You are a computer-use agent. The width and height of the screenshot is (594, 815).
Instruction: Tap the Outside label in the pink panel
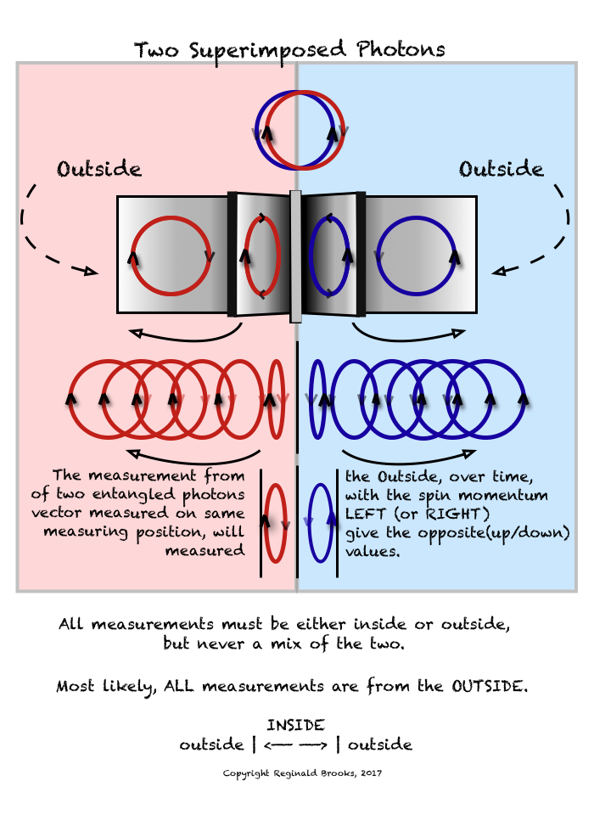click(x=99, y=169)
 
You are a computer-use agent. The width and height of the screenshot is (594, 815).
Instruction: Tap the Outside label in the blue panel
click(x=501, y=169)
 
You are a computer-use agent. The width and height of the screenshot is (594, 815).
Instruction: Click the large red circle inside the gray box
click(x=171, y=256)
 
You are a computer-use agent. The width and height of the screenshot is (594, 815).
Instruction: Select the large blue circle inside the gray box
click(x=415, y=256)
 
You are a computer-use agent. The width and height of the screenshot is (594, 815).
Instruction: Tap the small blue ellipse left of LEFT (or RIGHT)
click(x=319, y=523)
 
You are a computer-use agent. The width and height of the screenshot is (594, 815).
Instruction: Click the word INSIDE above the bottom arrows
click(x=295, y=726)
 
